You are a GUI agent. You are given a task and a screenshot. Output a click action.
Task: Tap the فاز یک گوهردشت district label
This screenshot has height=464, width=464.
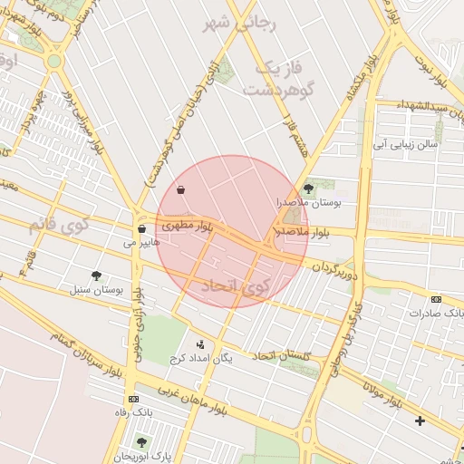tap(276, 80)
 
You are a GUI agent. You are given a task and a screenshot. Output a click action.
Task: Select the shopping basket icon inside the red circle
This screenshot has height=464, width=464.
tap(181, 190)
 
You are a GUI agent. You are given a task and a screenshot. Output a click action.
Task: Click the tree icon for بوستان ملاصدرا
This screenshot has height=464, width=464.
tap(310, 188)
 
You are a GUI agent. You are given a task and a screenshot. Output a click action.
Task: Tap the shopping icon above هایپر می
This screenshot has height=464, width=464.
tap(142, 228)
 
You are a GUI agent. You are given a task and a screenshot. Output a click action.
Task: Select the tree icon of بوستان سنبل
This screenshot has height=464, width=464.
tap(96, 275)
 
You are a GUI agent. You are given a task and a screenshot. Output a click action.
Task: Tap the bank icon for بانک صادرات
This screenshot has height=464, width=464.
tap(436, 299)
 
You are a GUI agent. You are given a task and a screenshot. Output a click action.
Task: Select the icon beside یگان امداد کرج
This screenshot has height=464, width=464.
tap(200, 344)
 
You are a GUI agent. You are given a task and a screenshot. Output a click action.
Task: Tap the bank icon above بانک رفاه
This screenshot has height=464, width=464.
tap(134, 399)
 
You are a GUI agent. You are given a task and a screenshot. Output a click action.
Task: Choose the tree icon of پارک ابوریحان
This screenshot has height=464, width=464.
tap(140, 441)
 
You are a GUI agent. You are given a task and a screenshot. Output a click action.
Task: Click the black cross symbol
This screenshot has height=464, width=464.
tap(419, 420)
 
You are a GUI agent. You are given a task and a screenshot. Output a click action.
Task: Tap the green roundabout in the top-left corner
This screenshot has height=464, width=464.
tap(53, 62)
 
